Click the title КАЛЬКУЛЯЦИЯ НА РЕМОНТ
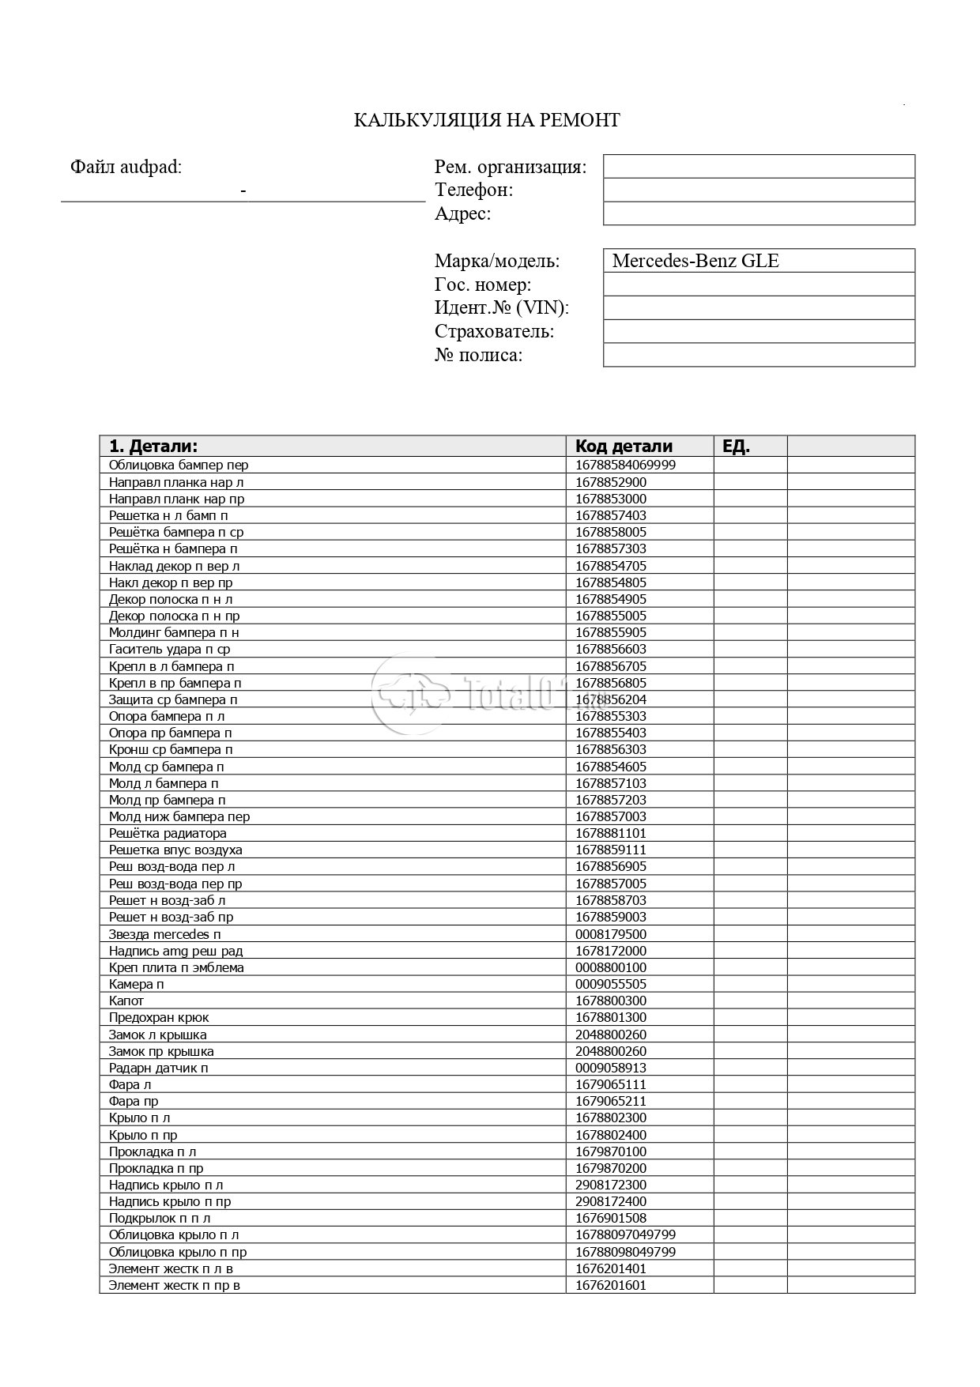pos(486,120)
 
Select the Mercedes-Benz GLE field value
pos(695,261)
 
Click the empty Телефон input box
pos(759,190)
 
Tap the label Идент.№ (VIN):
pos(502,307)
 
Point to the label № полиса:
pos(478,355)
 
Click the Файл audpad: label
pos(126,167)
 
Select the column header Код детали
pos(624,446)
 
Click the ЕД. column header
pos(736,446)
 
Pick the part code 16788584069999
pos(625,465)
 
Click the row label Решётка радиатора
pos(168,833)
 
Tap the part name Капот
pos(126,1001)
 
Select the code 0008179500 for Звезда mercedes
pos(611,934)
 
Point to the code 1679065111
pos(611,1084)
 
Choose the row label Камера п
pos(137,984)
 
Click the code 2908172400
pos(611,1201)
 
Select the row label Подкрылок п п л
pos(160,1218)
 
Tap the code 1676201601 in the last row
pos(611,1285)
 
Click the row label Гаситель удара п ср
pos(169,649)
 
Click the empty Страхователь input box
pos(759,331)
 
